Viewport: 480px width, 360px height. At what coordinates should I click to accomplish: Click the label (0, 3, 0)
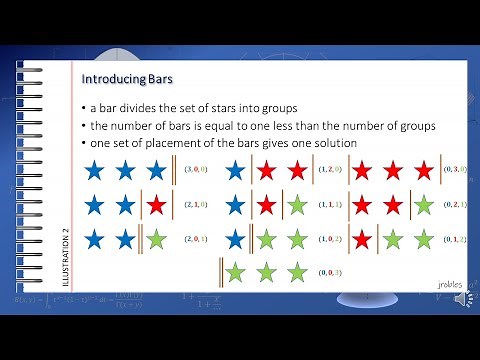coord(456,170)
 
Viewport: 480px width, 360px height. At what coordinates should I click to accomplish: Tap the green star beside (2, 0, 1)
coord(155,240)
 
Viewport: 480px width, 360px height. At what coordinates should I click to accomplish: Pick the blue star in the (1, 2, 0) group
coord(236,170)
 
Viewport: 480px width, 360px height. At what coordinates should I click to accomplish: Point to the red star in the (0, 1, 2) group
coord(363,240)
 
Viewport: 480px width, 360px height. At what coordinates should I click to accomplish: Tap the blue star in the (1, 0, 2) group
coord(236,240)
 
